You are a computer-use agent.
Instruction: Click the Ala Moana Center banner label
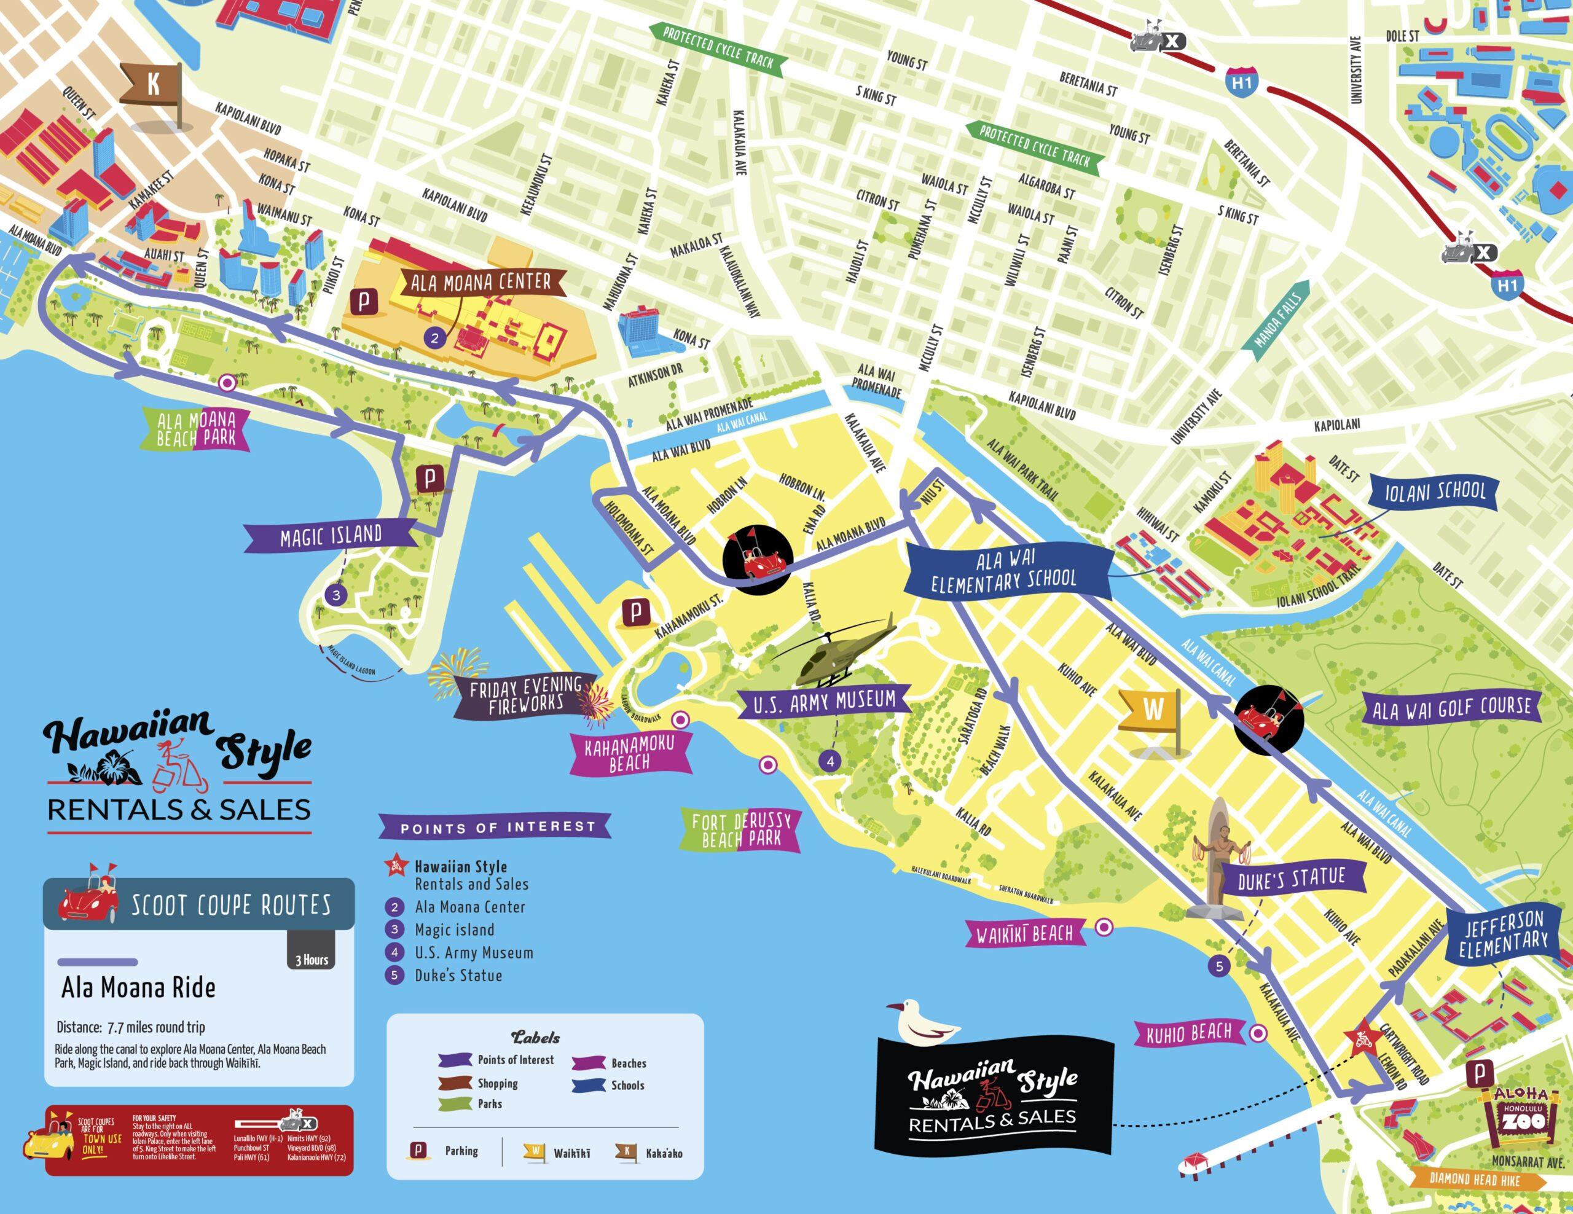[x=481, y=282]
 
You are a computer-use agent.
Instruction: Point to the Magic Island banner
[x=331, y=536]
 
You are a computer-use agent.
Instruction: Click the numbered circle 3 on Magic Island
[x=335, y=595]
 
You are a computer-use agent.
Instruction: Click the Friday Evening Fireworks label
[x=526, y=695]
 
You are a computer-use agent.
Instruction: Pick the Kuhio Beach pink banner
[x=1189, y=1033]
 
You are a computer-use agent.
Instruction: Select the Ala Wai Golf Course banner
[x=1452, y=708]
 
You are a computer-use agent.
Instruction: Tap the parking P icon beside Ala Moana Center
[x=364, y=302]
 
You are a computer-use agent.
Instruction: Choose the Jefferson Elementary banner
[x=1504, y=934]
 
